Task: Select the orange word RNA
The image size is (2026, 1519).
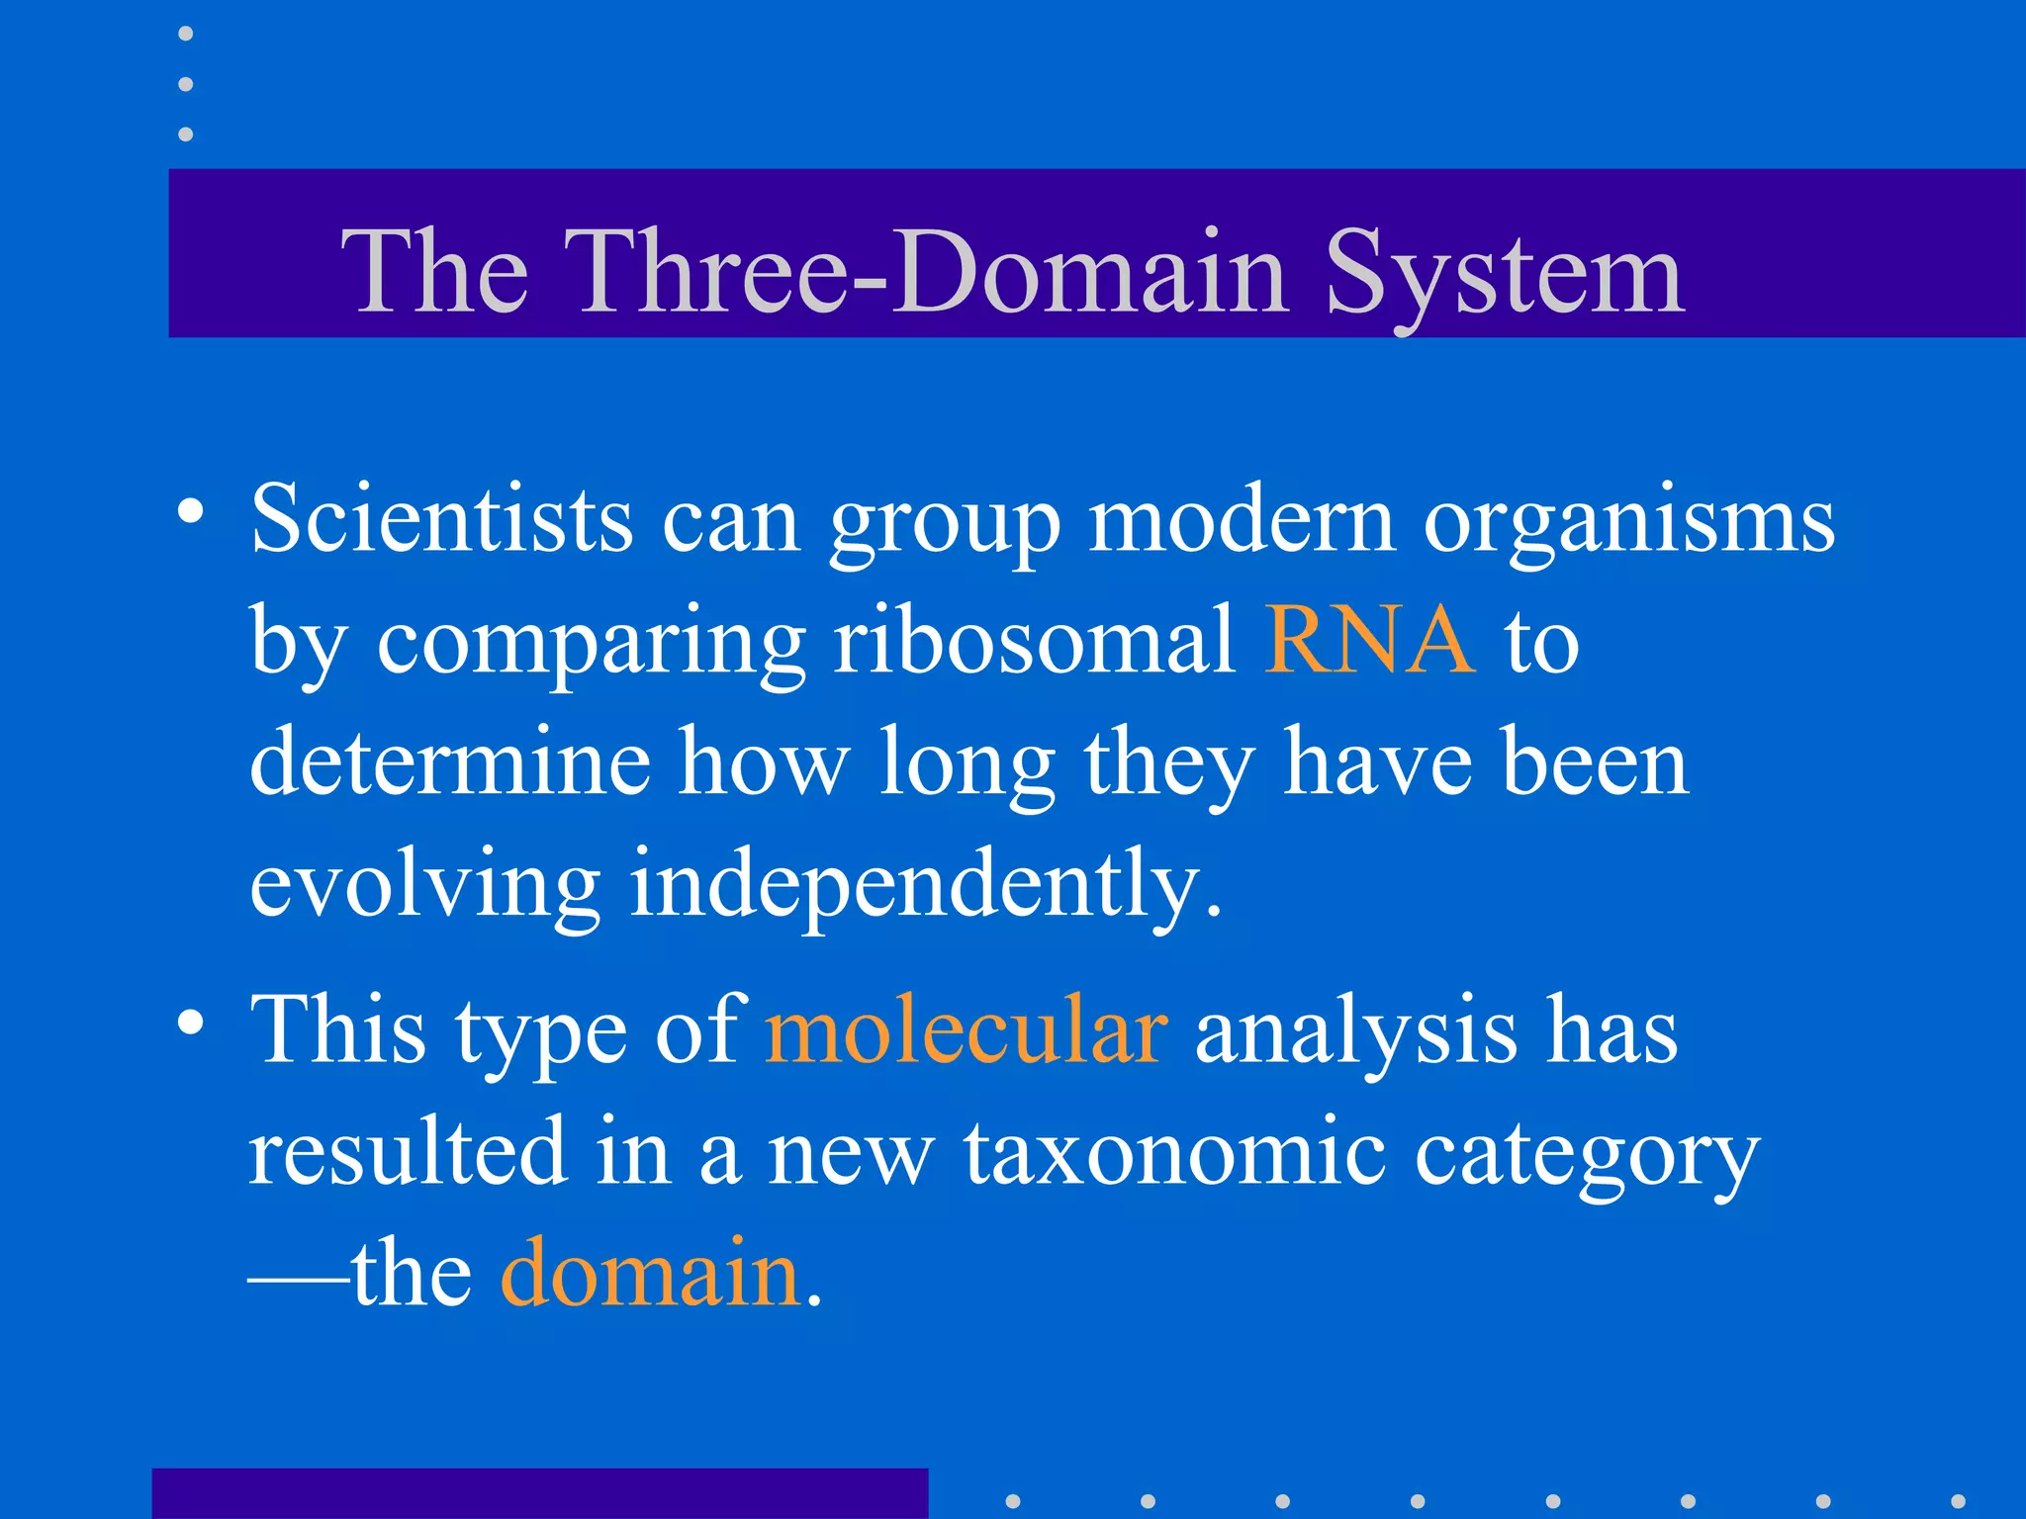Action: coord(1369,641)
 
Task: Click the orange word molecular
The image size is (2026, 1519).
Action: coord(966,1030)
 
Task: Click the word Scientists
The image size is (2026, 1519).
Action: coord(441,519)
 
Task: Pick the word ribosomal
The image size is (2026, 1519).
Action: coord(1034,641)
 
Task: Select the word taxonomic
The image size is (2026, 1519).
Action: coord(1175,1151)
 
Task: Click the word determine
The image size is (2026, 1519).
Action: coord(450,761)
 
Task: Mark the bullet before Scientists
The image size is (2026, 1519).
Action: coord(190,512)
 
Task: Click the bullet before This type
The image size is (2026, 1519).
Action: coord(190,1023)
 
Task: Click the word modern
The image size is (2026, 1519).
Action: coord(1242,519)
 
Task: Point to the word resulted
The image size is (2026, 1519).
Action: coord(408,1151)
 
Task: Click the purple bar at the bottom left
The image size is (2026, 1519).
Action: coord(539,1493)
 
